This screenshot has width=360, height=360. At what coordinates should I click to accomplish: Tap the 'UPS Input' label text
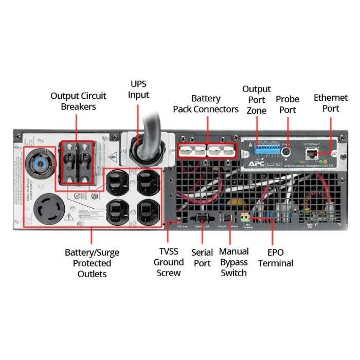click(139, 89)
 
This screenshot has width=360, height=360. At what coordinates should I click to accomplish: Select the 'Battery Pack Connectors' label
click(206, 103)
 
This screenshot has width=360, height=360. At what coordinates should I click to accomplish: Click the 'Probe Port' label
click(287, 104)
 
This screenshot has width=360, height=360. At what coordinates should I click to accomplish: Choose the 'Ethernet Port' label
click(327, 102)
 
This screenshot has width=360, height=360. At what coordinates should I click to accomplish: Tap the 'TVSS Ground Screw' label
click(169, 262)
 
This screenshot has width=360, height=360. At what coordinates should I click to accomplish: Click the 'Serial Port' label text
click(202, 258)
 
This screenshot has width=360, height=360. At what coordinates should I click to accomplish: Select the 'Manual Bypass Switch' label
click(234, 262)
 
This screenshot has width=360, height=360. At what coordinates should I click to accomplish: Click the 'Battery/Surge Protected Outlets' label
click(92, 263)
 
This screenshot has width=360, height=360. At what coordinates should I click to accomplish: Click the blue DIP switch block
click(266, 149)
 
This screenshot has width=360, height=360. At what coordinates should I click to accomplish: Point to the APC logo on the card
click(254, 165)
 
